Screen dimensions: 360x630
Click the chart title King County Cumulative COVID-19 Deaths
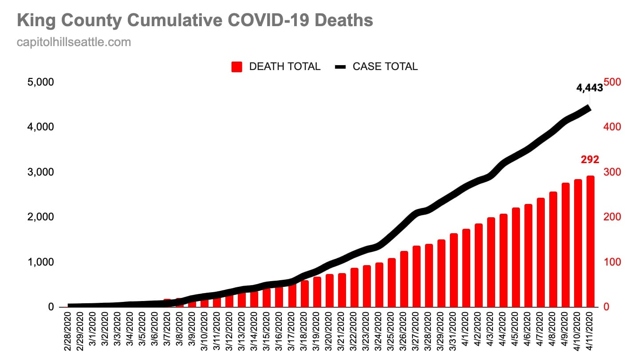[x=195, y=20]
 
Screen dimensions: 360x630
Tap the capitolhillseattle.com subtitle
[x=74, y=42]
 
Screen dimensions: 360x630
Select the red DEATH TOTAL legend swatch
[x=237, y=67]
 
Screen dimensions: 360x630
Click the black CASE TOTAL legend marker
[x=340, y=67]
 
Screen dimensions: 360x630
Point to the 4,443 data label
[x=589, y=88]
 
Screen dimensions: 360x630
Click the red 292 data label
[x=590, y=160]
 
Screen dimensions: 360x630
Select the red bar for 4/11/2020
[x=591, y=242]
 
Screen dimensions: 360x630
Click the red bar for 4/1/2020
[x=466, y=268]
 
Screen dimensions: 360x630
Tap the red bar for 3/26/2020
[x=404, y=279]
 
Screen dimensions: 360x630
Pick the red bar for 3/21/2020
[x=342, y=290]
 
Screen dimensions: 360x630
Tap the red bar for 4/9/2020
[x=566, y=245]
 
